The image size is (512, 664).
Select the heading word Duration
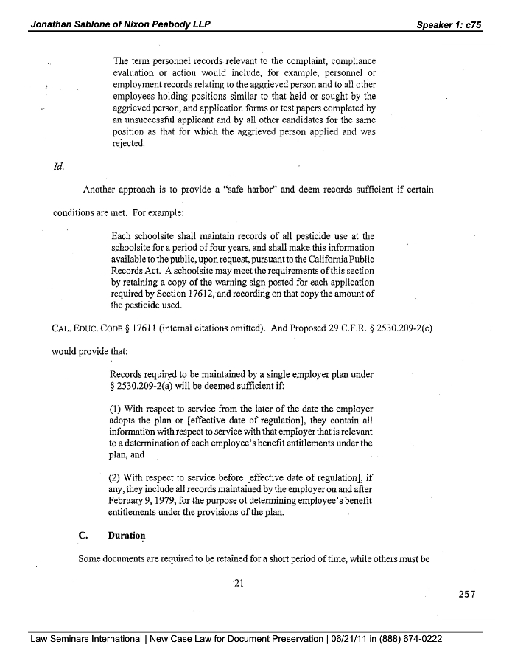[126, 535]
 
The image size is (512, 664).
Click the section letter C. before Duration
[83, 535]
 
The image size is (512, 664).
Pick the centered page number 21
[238, 584]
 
